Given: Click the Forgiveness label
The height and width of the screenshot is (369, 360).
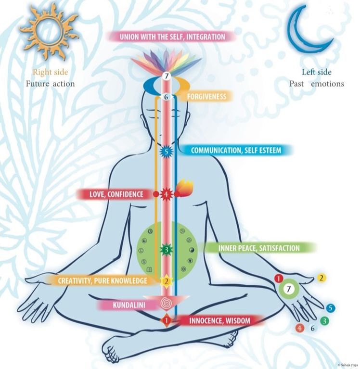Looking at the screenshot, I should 207,97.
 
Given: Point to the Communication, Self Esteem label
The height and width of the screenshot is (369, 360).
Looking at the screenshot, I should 236,150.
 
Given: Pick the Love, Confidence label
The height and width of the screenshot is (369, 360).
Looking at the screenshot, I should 117,194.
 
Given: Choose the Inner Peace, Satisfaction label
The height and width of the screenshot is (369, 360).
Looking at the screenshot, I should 258,248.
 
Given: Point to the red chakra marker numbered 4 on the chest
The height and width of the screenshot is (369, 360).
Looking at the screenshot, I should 166,194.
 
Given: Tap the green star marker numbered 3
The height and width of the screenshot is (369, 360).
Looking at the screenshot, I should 166,250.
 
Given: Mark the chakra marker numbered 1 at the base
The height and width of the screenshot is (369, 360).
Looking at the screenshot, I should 166,319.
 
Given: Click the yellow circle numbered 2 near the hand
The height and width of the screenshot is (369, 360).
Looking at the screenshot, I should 322,278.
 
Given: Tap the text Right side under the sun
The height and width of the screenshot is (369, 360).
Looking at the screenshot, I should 50,72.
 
